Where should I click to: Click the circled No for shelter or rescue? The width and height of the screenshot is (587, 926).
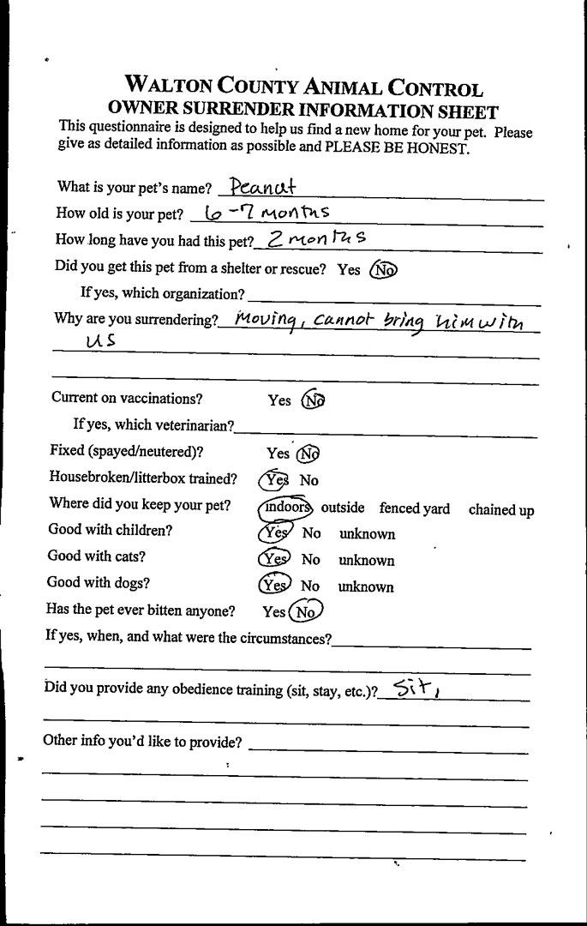pos(384,269)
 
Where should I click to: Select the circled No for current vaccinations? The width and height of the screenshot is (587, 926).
pos(313,400)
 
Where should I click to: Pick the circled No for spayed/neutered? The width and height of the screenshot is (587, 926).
pos(308,453)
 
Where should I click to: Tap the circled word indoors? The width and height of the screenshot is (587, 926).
pos(286,507)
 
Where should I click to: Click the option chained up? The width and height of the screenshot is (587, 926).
pos(500,510)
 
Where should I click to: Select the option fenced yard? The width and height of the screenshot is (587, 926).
pos(414,508)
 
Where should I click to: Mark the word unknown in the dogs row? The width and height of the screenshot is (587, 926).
pos(366,587)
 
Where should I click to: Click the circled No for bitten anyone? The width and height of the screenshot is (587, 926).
pos(305,612)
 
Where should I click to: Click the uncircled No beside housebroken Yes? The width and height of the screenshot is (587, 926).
pos(308,480)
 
